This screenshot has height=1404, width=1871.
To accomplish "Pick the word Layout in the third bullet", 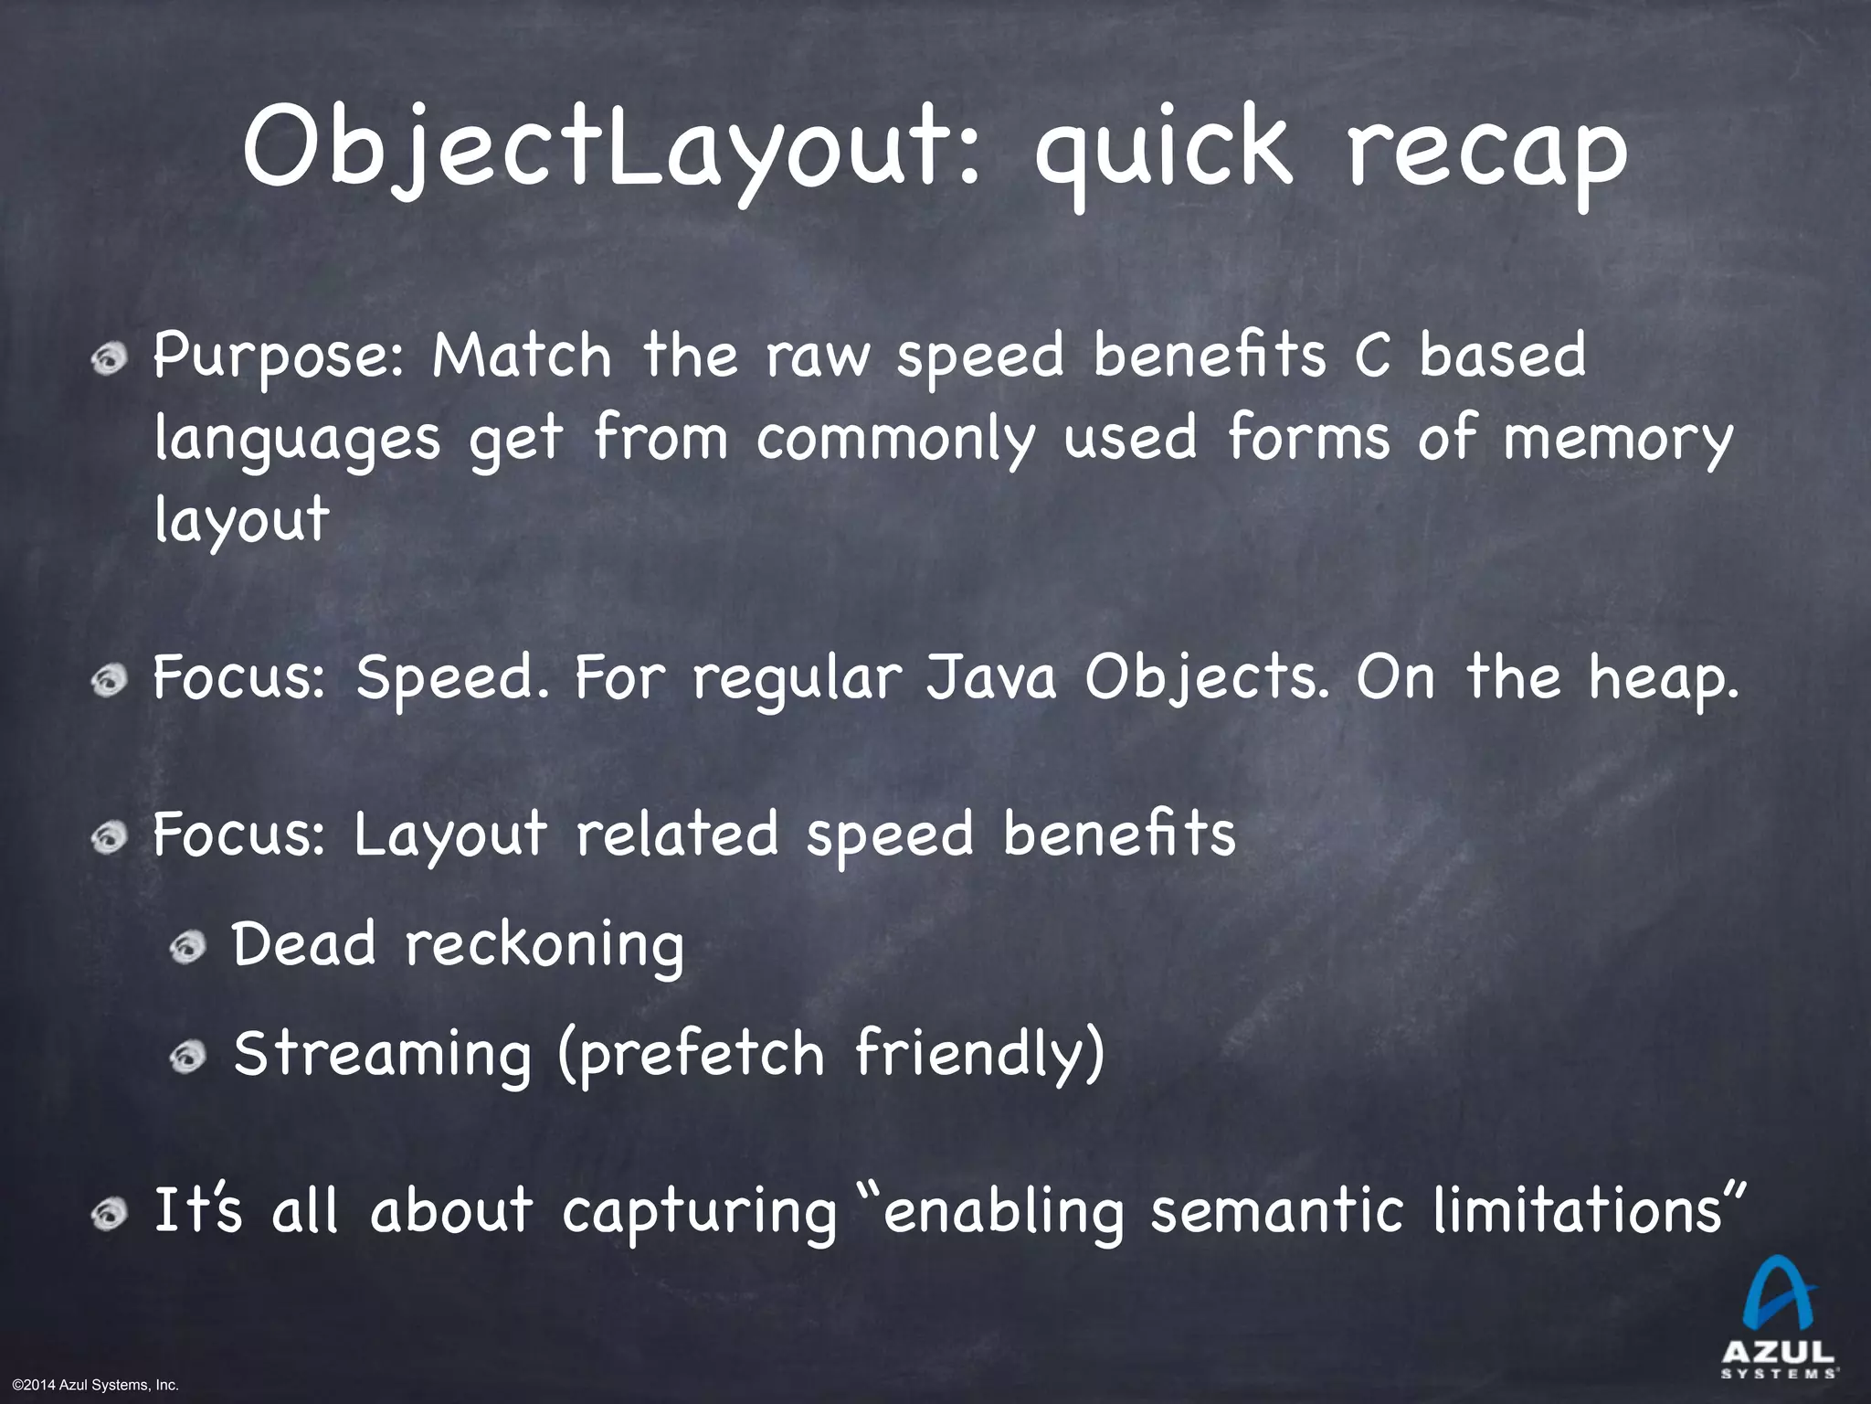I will [x=449, y=836].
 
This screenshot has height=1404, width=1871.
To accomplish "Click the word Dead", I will [x=303, y=945].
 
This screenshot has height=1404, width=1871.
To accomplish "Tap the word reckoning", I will [x=544, y=947].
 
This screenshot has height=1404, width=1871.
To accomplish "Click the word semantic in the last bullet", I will [x=1275, y=1212].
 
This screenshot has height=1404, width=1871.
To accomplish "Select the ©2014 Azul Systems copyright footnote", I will [x=90, y=1386].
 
